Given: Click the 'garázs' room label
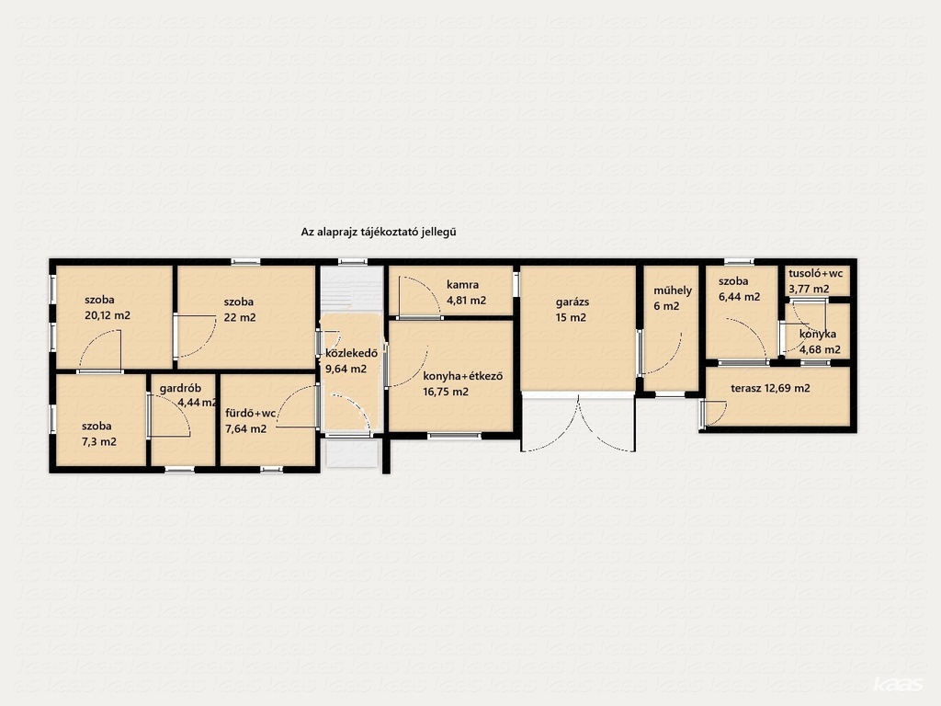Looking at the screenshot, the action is [x=572, y=302].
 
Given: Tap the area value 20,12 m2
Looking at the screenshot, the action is [x=108, y=315].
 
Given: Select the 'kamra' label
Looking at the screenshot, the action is [x=462, y=285].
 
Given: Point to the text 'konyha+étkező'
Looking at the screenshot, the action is [x=463, y=376].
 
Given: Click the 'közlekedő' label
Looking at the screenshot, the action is [x=352, y=353].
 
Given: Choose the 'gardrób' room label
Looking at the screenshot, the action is [x=180, y=389].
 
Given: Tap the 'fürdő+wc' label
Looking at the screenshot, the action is [x=250, y=413].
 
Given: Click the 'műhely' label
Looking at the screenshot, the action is [x=673, y=290].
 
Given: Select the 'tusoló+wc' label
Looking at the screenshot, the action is [x=816, y=273].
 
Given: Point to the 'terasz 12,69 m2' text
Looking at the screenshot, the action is [x=771, y=388].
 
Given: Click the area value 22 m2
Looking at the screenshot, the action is [x=240, y=317].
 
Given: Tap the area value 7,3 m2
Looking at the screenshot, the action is [x=99, y=442].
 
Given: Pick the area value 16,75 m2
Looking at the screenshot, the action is [x=446, y=392].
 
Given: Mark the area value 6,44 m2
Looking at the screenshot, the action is [x=740, y=297].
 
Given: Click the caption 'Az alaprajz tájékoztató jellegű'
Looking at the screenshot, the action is [x=379, y=232].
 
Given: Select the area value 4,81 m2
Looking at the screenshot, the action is [x=466, y=301].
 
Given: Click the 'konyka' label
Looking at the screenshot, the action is [x=818, y=335].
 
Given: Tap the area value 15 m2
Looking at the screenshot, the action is [x=571, y=317].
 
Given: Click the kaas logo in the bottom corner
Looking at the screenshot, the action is [x=899, y=684].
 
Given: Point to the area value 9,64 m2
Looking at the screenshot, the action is [x=346, y=369].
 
